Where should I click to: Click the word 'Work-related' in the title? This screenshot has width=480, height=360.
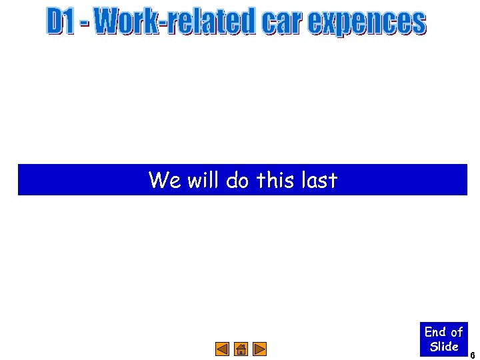click(x=175, y=21)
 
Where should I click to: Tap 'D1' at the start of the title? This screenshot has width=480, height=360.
click(x=61, y=21)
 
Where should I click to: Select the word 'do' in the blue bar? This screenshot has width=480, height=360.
click(x=237, y=180)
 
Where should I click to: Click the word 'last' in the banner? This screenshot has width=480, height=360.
click(x=319, y=180)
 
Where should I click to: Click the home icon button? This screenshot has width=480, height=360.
click(x=241, y=349)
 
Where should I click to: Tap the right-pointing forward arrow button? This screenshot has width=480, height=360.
click(x=260, y=349)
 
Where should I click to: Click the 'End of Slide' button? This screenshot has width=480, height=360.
click(x=444, y=339)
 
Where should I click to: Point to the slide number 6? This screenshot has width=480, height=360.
click(x=473, y=355)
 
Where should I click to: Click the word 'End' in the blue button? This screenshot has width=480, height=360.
click(x=435, y=331)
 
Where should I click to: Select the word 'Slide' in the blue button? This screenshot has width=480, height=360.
click(x=444, y=346)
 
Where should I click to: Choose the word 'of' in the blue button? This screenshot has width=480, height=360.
click(x=457, y=331)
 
